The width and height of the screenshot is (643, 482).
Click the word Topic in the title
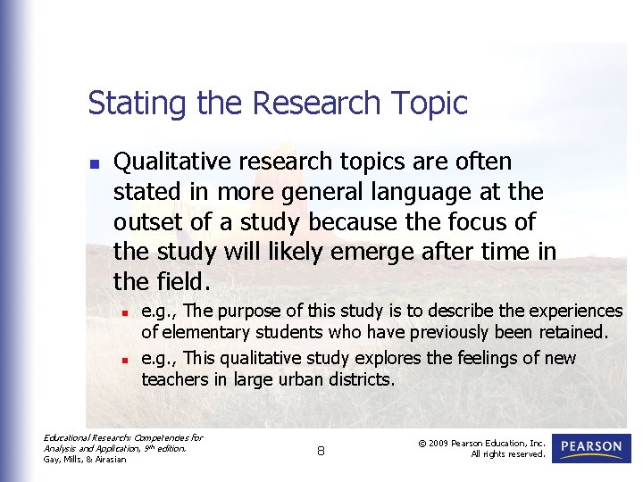click(x=432, y=104)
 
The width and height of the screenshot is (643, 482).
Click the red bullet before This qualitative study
click(x=127, y=360)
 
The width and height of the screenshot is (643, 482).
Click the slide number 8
click(x=321, y=452)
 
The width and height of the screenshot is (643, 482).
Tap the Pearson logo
click(x=591, y=448)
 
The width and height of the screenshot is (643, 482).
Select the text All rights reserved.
click(x=508, y=454)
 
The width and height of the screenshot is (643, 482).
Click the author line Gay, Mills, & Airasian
click(x=85, y=459)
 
